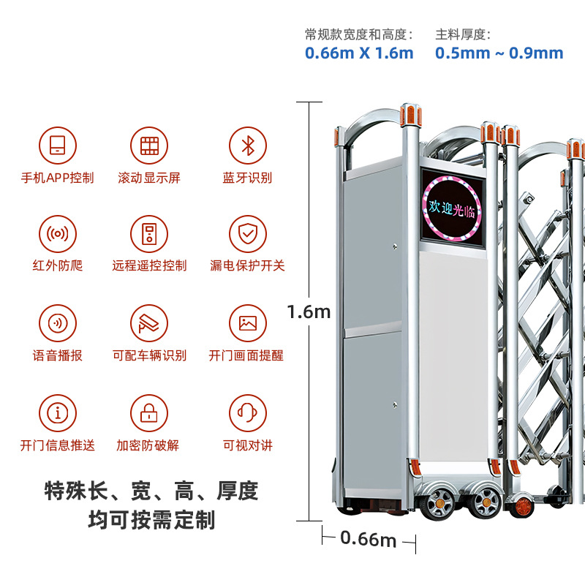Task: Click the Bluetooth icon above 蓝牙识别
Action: click(248, 146)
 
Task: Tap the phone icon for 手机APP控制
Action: click(58, 146)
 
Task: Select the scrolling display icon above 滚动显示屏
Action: click(149, 146)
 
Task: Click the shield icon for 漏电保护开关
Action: click(248, 234)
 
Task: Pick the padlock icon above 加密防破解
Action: click(149, 413)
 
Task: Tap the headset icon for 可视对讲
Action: click(248, 413)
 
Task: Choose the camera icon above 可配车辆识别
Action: click(149, 323)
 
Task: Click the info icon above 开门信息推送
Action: click(58, 413)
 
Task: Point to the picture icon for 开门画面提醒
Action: click(248, 323)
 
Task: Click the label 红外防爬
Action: click(58, 265)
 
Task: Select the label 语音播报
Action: click(58, 355)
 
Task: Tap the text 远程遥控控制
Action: click(149, 265)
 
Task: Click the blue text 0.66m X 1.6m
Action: click(359, 53)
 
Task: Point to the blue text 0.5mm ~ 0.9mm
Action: click(499, 53)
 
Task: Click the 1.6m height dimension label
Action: click(309, 312)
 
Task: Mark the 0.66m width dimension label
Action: click(368, 539)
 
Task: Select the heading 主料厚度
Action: click(463, 34)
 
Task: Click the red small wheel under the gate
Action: click(522, 506)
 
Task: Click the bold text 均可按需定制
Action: click(151, 520)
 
